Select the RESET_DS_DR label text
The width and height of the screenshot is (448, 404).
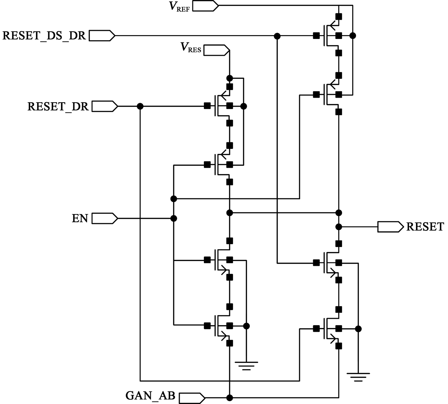[x=44, y=35]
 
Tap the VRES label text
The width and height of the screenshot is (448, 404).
[x=191, y=47]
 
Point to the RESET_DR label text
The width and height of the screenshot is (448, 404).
[x=58, y=106]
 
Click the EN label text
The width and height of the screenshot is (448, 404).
[x=80, y=218]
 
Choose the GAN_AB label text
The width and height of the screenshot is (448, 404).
[x=150, y=396]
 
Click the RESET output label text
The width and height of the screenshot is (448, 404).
[x=425, y=227]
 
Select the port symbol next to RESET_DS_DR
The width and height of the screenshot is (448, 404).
[x=102, y=36]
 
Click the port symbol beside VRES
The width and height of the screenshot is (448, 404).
[x=217, y=50]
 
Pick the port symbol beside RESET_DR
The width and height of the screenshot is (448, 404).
[x=105, y=106]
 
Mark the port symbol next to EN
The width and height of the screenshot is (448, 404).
[x=105, y=218]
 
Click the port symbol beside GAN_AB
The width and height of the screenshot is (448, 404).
[x=192, y=398]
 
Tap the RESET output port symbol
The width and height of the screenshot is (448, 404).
[x=390, y=227]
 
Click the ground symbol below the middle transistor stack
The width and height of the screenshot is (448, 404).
[x=246, y=365]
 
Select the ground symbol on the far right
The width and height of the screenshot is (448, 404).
[x=358, y=376]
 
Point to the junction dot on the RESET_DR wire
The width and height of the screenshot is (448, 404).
[x=140, y=106]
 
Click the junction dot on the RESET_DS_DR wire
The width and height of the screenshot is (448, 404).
[x=277, y=36]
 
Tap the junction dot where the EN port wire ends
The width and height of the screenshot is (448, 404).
[x=174, y=218]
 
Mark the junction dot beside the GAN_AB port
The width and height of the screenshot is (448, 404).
[x=230, y=398]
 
